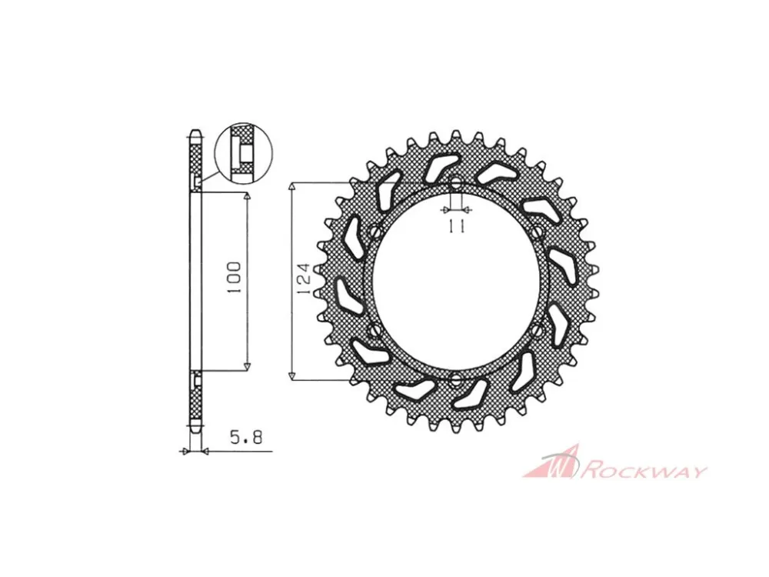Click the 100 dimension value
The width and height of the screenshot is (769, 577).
(235, 278)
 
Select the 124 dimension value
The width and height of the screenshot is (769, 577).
(304, 279)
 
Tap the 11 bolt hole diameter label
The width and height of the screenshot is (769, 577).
(456, 226)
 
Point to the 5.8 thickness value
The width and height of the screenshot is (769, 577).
(246, 436)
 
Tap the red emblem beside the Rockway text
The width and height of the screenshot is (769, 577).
(551, 462)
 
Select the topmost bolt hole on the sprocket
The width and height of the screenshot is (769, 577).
(456, 184)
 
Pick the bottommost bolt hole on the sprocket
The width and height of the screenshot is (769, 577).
(456, 379)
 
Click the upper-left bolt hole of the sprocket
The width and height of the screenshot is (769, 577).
(376, 231)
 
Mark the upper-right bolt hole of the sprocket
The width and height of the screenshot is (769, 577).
(538, 231)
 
